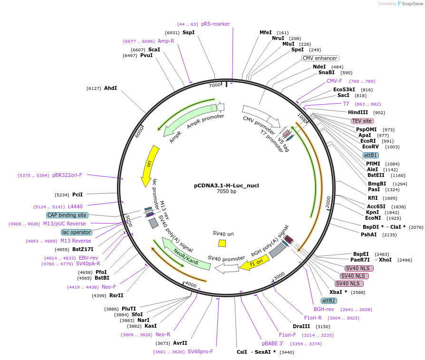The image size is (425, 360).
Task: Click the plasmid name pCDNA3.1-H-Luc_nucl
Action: [x=226, y=185]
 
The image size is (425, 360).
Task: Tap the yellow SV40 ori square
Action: [x=222, y=243]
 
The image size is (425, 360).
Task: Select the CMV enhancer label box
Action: [x=320, y=58]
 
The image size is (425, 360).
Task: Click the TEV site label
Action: [x=362, y=121]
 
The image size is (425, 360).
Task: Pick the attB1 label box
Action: [x=370, y=155]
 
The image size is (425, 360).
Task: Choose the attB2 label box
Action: [x=329, y=301]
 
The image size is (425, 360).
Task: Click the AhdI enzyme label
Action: [x=110, y=88]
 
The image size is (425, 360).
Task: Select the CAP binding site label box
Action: [x=67, y=215]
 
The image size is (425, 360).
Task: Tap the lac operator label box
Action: [x=76, y=232]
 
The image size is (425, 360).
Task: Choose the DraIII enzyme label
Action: [x=301, y=326]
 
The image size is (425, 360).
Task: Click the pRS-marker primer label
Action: [x=215, y=24]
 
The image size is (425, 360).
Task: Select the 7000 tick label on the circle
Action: [x=215, y=85]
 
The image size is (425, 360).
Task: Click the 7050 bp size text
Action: [x=226, y=192]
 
